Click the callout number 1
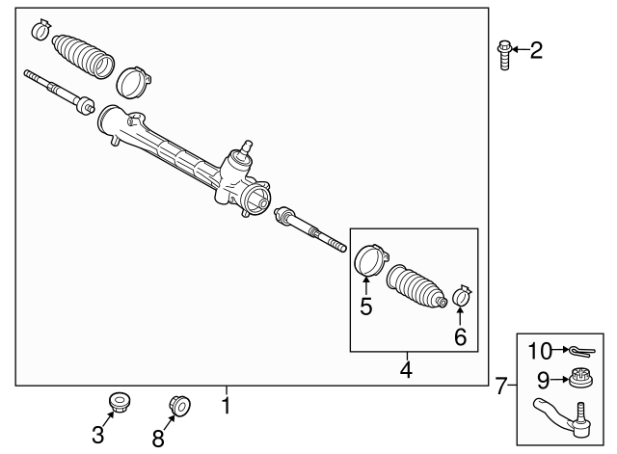(x=226, y=405)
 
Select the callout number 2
(x=536, y=49)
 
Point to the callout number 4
(x=405, y=369)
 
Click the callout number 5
(x=365, y=307)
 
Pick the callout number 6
(x=460, y=336)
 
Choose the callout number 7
(x=500, y=387)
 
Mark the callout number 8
(x=157, y=438)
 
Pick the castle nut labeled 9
(x=580, y=378)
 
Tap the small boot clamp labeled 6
(x=460, y=295)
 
